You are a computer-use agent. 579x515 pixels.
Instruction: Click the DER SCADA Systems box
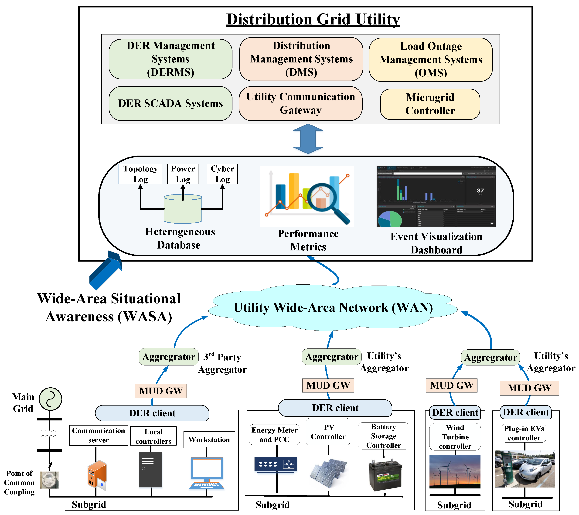tap(170, 104)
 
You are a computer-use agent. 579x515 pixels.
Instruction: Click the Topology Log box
tap(140, 174)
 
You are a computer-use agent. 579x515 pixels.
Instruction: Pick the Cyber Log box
tap(222, 174)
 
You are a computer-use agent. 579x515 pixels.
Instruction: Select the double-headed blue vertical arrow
tap(308, 139)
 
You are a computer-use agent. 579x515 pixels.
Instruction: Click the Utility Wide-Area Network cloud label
tap(333, 308)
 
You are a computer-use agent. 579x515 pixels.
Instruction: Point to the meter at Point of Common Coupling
tap(49, 480)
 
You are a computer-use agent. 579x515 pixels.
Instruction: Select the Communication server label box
tap(98, 435)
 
